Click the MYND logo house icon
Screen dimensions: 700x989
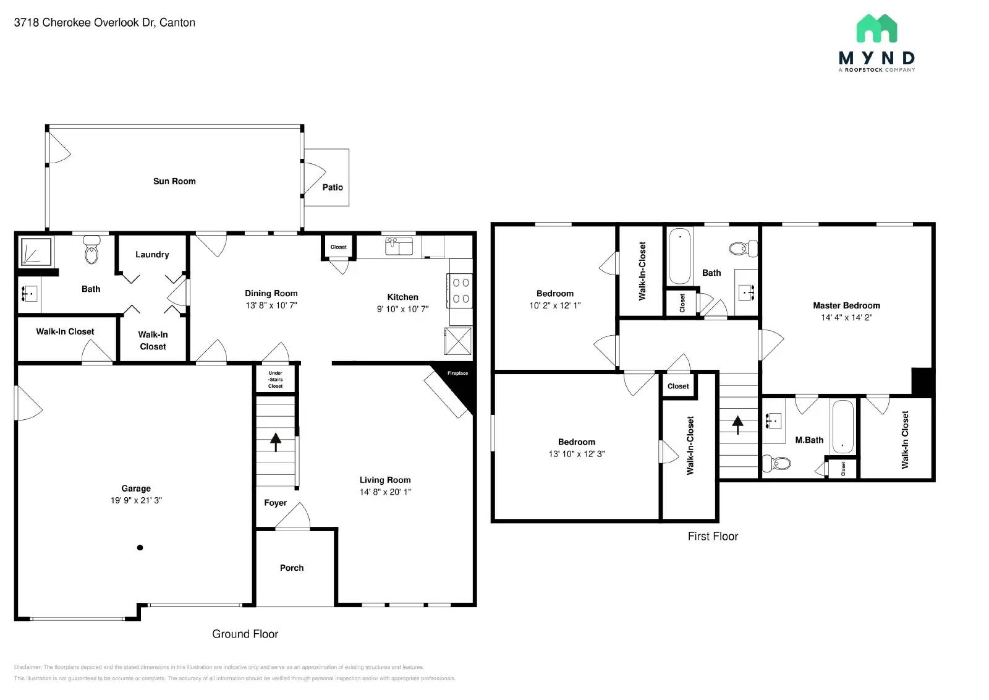tap(877, 28)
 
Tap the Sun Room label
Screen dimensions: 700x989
tap(174, 181)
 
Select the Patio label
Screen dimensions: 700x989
tap(333, 187)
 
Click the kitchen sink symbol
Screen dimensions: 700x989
tap(399, 246)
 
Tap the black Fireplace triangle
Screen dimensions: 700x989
tap(465, 386)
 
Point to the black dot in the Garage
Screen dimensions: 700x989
tap(140, 547)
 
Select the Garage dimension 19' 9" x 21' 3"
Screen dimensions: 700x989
tap(136, 500)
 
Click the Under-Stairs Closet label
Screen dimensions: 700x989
tap(276, 380)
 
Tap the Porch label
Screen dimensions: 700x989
tap(292, 568)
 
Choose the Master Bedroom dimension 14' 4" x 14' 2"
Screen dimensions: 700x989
tap(846, 317)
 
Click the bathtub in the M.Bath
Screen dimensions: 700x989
tap(843, 427)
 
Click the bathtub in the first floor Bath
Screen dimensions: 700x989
tap(680, 255)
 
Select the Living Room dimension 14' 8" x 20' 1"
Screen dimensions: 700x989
tap(385, 492)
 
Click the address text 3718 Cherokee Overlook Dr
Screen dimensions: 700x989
tap(83, 23)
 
